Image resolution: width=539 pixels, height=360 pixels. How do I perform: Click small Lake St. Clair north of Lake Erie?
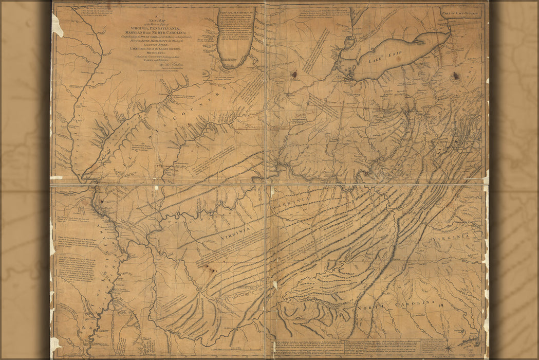350,42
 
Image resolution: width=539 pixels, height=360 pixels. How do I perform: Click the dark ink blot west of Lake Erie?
294,75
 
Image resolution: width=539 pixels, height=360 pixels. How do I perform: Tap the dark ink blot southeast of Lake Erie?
455,77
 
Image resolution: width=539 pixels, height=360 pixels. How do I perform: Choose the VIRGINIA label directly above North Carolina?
451,236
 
